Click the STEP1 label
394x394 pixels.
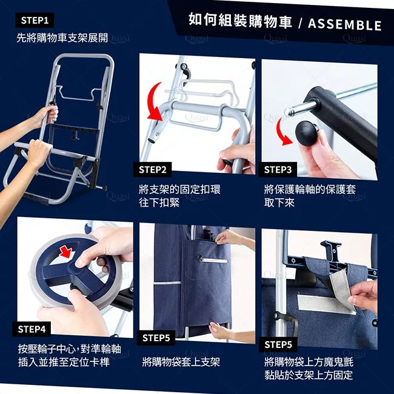35,21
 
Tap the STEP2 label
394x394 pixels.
153,170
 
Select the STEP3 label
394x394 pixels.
278,170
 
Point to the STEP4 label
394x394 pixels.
32,329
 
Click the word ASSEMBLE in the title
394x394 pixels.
345,25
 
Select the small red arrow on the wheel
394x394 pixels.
66,252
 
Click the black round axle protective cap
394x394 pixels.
307,133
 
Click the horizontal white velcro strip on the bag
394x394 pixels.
324,304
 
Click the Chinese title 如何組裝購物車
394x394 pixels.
240,20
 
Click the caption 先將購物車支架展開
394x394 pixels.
62,38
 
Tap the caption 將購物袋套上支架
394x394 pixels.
181,362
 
